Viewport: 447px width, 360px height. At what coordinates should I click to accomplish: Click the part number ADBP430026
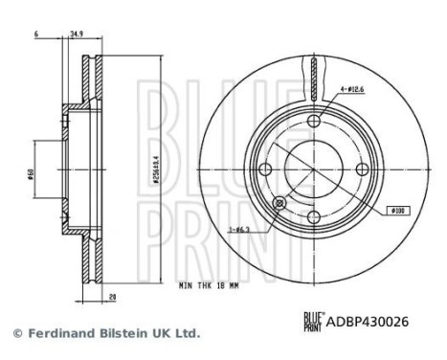[369, 323]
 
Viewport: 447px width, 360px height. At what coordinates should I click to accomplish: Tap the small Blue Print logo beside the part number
[313, 323]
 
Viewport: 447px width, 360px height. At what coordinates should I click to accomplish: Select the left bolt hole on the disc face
[268, 169]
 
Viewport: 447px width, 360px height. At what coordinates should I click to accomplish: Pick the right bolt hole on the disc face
[364, 169]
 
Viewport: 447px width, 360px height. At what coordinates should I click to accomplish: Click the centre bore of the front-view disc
[316, 169]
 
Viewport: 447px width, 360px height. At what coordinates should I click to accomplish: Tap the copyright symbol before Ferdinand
[16, 333]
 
